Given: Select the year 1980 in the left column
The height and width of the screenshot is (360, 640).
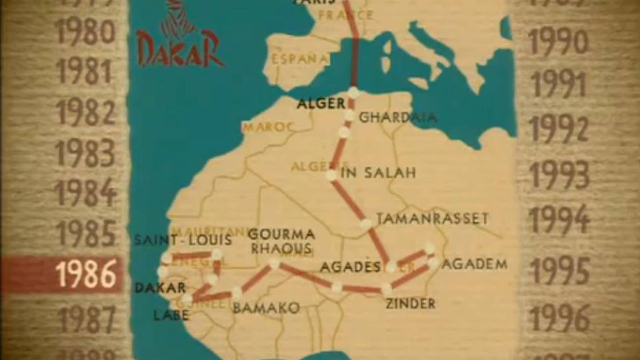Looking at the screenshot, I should pyautogui.click(x=85, y=32).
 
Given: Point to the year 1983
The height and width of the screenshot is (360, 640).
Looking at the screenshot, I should pyautogui.click(x=85, y=153).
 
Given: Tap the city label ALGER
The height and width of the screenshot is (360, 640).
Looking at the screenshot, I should pyautogui.click(x=321, y=104).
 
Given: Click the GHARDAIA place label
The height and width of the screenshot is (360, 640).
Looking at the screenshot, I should pyautogui.click(x=397, y=117).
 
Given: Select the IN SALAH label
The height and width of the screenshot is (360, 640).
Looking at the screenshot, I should pyautogui.click(x=378, y=173).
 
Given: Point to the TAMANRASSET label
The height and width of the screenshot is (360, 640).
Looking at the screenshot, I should pyautogui.click(x=432, y=218).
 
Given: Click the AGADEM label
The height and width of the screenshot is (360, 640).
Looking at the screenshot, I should pyautogui.click(x=475, y=264).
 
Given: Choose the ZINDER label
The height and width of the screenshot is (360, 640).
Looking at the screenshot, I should pyautogui.click(x=410, y=304).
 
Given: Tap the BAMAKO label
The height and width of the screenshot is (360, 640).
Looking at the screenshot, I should pyautogui.click(x=266, y=308).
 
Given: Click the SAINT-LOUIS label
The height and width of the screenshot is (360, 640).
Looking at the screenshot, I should pyautogui.click(x=183, y=240).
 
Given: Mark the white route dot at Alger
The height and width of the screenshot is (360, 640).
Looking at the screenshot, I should pyautogui.click(x=353, y=92).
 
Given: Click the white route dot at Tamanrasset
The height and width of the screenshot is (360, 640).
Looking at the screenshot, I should pyautogui.click(x=366, y=224).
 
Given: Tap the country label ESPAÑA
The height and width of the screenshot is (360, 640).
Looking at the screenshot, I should pyautogui.click(x=300, y=59).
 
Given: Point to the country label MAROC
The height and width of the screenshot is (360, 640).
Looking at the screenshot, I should pyautogui.click(x=268, y=128).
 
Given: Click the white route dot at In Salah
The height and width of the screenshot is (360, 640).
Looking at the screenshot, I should pyautogui.click(x=331, y=175).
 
